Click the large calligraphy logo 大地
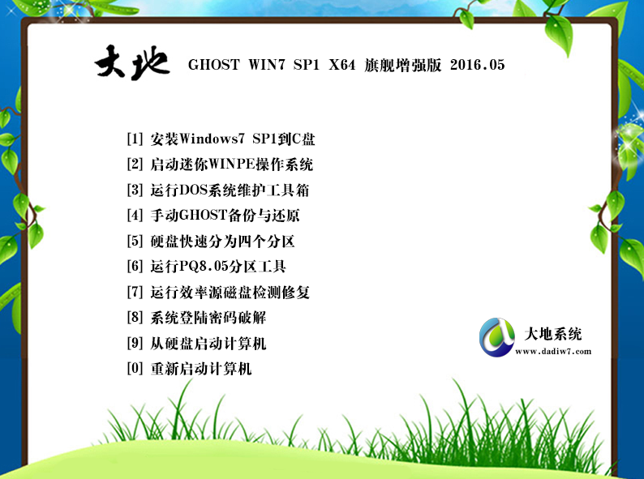tap(132, 62)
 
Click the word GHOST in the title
tap(213, 65)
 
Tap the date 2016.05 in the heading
tap(477, 65)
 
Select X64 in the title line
tap(341, 65)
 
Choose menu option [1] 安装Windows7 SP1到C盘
tap(221, 139)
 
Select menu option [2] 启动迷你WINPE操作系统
tap(220, 165)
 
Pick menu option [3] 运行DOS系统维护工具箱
tap(218, 190)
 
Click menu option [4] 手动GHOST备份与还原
tap(213, 215)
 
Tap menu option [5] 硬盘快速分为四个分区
tap(211, 241)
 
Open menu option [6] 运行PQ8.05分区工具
tap(207, 267)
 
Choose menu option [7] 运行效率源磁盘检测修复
tap(218, 292)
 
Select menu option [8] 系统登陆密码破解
tap(196, 317)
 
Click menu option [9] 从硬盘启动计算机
tap(196, 343)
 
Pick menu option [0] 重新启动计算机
tap(189, 369)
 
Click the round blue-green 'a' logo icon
tap(496, 337)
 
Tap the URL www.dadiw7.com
tap(553, 352)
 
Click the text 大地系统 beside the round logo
tap(553, 334)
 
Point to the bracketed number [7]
tap(135, 292)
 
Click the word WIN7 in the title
tap(267, 65)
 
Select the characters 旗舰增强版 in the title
tap(402, 65)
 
